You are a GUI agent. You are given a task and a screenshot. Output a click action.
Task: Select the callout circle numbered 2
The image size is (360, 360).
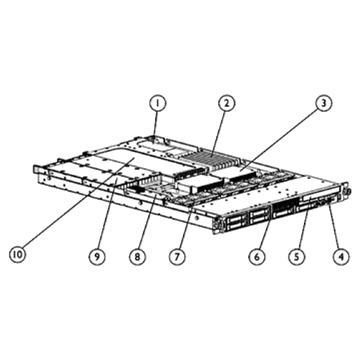point(225,103)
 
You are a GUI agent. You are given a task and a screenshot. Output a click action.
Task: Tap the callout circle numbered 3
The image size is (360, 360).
point(323,104)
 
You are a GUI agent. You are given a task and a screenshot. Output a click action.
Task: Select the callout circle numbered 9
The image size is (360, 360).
point(94,254)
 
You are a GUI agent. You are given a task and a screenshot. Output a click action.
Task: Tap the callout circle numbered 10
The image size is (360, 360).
point(17,254)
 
